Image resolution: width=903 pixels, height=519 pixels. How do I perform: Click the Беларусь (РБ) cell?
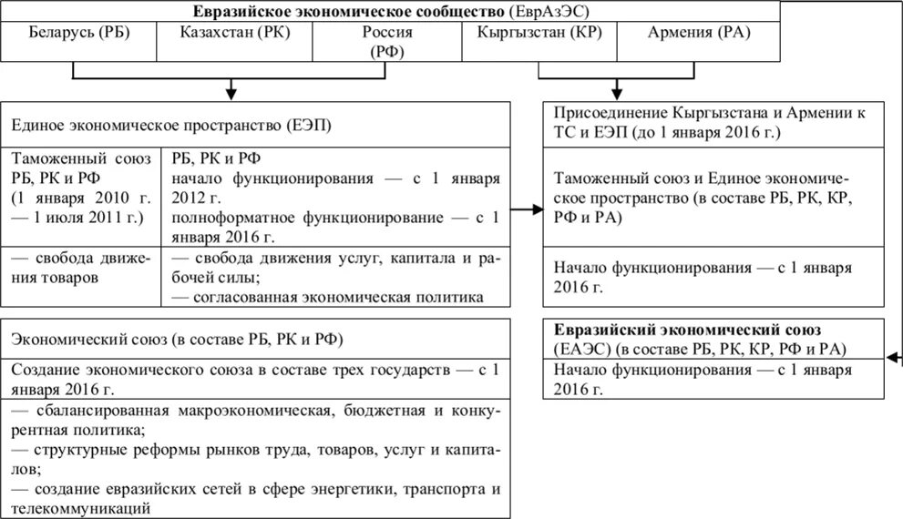[x=78, y=34]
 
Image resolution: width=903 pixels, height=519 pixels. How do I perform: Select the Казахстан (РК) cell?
[x=234, y=34]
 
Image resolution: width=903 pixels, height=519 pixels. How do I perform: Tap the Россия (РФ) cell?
[x=387, y=42]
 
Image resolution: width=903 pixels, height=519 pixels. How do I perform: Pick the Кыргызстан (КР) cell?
[x=539, y=34]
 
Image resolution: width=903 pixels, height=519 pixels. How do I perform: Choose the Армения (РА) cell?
[x=698, y=34]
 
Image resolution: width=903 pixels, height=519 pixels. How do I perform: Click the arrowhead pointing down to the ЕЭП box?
[x=232, y=92]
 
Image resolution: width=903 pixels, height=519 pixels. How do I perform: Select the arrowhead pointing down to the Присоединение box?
[x=617, y=92]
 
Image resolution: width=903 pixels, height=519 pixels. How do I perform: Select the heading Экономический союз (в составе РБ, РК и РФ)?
[x=183, y=339]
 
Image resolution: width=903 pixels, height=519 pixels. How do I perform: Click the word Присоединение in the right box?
[x=609, y=112]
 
